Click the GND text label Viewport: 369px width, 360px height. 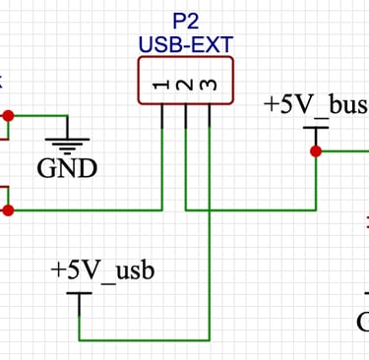pyautogui.click(x=67, y=168)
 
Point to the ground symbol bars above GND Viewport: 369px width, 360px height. pyautogui.click(x=67, y=145)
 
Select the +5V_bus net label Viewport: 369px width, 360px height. pyautogui.click(x=315, y=104)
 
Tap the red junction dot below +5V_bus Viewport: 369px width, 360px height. pyautogui.click(x=316, y=151)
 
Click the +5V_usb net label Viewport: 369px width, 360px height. pyautogui.click(x=103, y=270)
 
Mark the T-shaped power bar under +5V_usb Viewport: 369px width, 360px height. pyautogui.click(x=80, y=295)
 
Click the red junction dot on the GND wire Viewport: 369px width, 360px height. pyautogui.click(x=9, y=115)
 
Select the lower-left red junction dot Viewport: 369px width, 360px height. pyautogui.click(x=9, y=210)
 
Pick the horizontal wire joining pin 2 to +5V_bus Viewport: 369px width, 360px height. pyautogui.click(x=251, y=210)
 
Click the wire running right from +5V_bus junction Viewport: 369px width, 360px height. pyautogui.click(x=344, y=151)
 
